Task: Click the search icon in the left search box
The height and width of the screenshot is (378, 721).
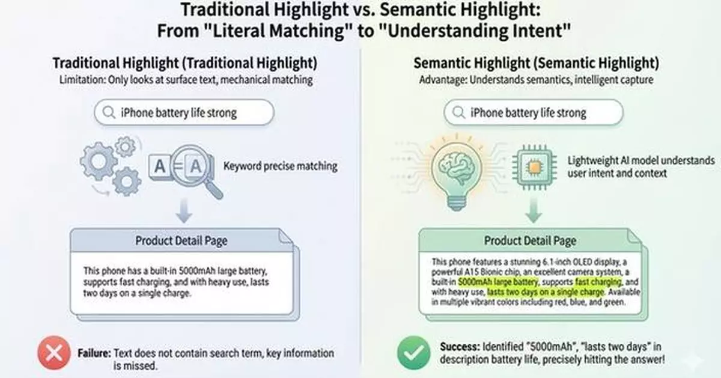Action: (x=109, y=112)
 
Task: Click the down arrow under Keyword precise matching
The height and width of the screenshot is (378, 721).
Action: (x=185, y=213)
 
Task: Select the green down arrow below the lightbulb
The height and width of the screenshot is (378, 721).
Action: (x=532, y=213)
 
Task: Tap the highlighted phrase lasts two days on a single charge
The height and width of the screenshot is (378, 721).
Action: (x=544, y=291)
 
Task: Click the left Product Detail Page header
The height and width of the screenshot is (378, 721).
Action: (x=181, y=241)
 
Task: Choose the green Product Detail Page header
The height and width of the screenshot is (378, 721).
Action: (x=530, y=241)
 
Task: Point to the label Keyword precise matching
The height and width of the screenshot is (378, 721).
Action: (x=280, y=166)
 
